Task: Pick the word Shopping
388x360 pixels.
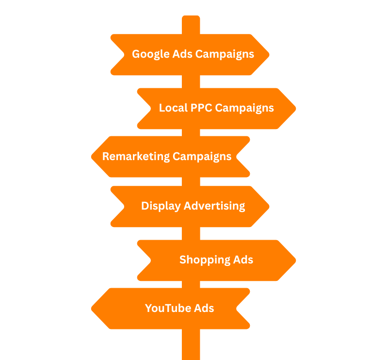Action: [x=203, y=260]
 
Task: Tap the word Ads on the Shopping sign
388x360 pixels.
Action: [x=243, y=260]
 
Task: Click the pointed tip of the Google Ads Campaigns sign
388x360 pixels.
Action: [x=268, y=54]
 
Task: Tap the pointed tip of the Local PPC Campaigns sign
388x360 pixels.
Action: [x=295, y=108]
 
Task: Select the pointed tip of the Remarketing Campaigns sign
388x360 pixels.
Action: [x=92, y=156]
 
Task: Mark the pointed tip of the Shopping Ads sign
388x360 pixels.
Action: [x=295, y=260]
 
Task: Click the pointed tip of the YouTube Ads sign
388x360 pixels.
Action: [x=92, y=309]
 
